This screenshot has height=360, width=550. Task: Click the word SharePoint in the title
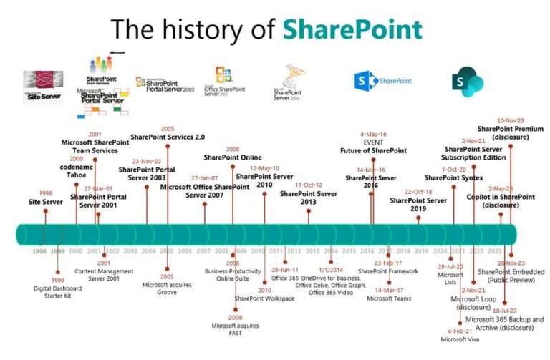tap(351, 29)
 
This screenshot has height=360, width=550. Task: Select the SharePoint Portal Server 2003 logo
tap(164, 84)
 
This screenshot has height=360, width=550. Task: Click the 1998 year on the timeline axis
tap(39, 251)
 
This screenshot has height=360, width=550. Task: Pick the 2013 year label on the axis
tap(313, 251)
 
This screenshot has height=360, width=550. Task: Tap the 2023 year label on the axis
tap(495, 251)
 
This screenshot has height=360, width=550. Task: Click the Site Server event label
tap(46, 203)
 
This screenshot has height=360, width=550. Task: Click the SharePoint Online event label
tap(233, 157)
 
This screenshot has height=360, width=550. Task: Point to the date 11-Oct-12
tap(308, 184)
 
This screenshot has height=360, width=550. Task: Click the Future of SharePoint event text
tap(373, 151)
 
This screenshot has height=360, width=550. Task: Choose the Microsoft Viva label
tap(458, 340)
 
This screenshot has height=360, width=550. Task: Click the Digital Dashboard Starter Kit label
tap(58, 293)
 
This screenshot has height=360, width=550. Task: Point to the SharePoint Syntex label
tap(453, 177)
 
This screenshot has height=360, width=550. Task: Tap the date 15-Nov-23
tap(511, 120)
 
